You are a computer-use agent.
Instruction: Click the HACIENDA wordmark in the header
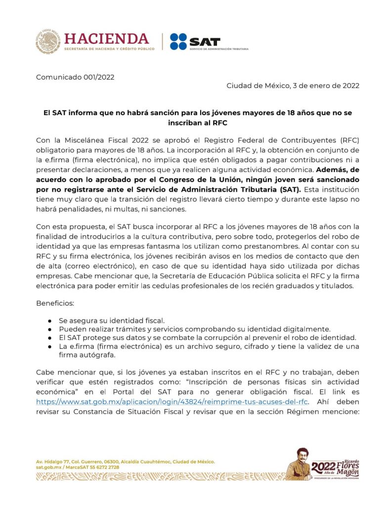(106, 39)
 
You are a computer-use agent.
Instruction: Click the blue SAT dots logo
(178, 42)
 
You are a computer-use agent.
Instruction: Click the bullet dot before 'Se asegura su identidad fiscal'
(50, 320)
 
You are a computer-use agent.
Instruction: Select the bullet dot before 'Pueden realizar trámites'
(50, 329)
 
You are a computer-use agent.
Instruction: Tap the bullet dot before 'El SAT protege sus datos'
(50, 337)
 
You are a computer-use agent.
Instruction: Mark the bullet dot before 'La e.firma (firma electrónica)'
(50, 346)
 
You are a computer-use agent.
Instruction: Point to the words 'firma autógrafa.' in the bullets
(87, 355)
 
